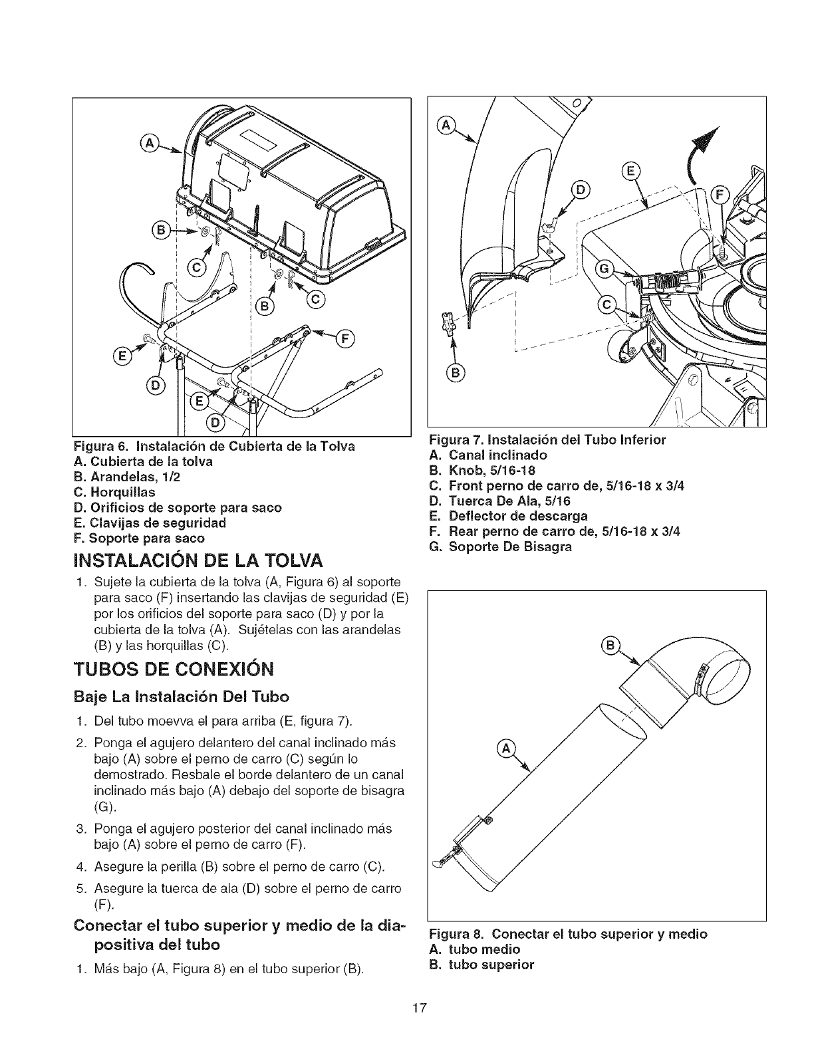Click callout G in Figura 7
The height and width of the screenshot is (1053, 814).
click(605, 269)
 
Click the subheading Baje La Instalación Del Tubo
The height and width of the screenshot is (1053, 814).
click(182, 697)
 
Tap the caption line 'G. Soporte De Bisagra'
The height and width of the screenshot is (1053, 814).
click(501, 546)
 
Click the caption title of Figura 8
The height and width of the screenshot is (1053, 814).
click(569, 933)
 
